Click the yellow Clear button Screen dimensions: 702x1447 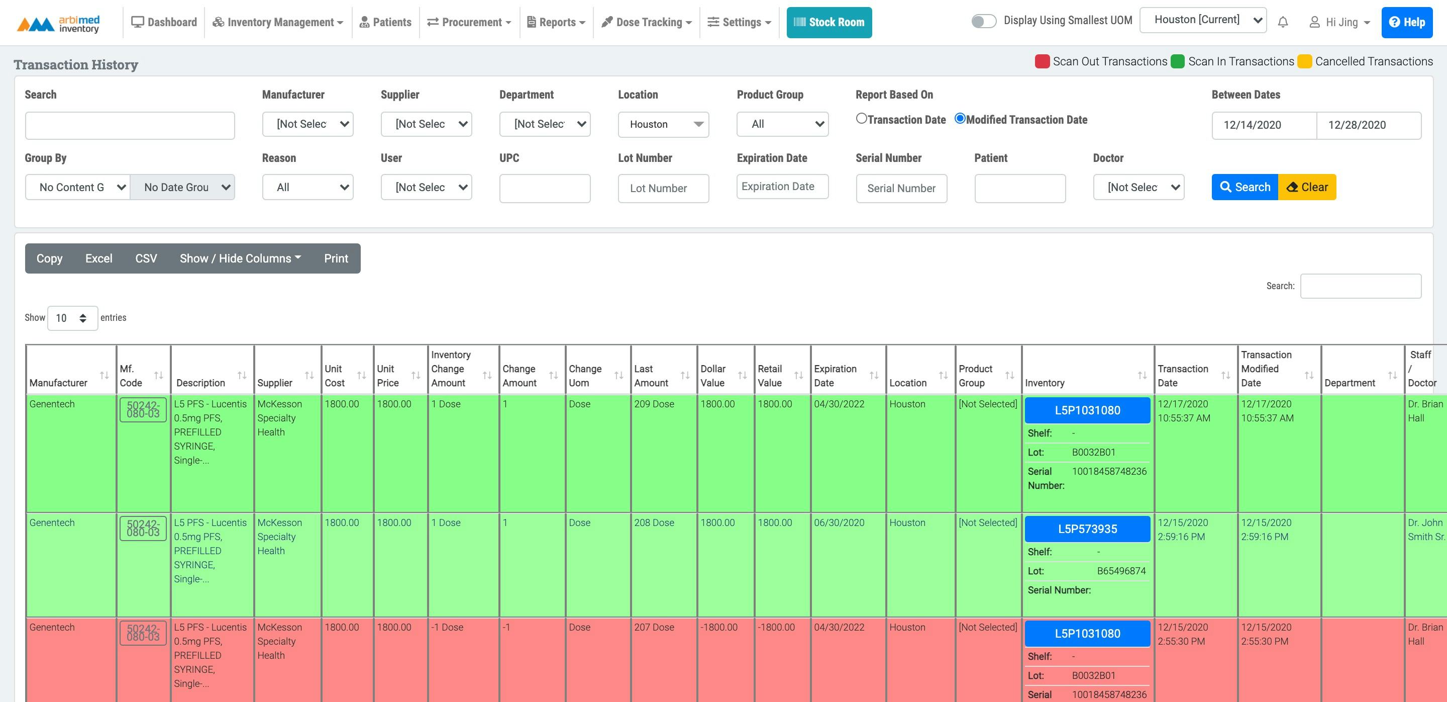click(x=1307, y=187)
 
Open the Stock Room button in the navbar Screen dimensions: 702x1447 click(x=829, y=23)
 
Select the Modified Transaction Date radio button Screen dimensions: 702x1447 click(x=960, y=119)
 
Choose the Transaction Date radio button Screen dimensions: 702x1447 click(x=861, y=119)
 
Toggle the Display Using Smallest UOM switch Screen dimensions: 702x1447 click(x=984, y=21)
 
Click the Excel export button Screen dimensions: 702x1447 click(x=99, y=258)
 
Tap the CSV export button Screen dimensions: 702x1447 click(x=146, y=258)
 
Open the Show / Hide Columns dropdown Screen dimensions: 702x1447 click(x=241, y=258)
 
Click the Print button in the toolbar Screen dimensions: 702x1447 click(x=336, y=258)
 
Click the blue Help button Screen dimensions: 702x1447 click(x=1407, y=23)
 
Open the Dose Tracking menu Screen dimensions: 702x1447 click(x=647, y=23)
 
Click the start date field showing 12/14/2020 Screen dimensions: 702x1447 click(x=1263, y=125)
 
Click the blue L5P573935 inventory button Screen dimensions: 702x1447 click(x=1087, y=529)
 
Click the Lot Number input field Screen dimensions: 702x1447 click(x=663, y=188)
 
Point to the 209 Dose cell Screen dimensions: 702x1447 click(x=654, y=404)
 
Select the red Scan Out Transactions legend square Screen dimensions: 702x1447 click(x=1042, y=61)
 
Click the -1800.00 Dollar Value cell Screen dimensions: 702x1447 click(x=718, y=627)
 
